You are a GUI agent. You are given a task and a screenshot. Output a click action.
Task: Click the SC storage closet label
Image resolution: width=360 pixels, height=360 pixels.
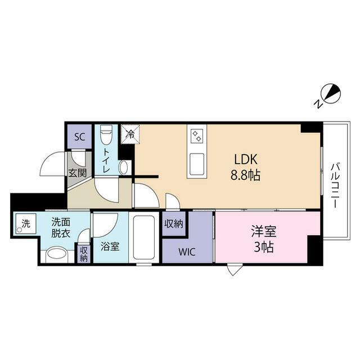pyautogui.click(x=80, y=137)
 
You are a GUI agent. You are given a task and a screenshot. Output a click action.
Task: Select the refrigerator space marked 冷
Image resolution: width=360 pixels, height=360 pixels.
pyautogui.click(x=130, y=134)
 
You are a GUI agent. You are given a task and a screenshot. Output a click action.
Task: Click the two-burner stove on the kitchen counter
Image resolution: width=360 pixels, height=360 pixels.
pyautogui.click(x=197, y=136)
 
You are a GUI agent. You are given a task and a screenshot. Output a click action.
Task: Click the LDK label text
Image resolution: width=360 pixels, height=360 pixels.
pyautogui.click(x=245, y=159)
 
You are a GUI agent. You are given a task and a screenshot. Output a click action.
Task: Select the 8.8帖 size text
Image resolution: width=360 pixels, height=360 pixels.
pyautogui.click(x=245, y=175)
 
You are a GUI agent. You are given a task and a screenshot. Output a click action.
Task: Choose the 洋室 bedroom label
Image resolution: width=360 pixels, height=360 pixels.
pyautogui.click(x=264, y=231)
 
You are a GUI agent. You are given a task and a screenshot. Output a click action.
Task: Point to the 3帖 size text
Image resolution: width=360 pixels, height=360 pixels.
pyautogui.click(x=264, y=247)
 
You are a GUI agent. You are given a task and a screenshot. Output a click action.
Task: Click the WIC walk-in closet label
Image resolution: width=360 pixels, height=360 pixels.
pyautogui.click(x=187, y=252)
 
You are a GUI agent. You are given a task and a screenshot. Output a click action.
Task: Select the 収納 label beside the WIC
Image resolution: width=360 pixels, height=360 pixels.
pyautogui.click(x=174, y=224)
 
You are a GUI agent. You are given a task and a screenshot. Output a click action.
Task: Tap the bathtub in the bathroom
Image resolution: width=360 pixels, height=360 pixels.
pyautogui.click(x=144, y=237)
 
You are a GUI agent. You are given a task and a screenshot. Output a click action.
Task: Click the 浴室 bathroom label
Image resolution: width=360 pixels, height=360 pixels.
pyautogui.click(x=110, y=246)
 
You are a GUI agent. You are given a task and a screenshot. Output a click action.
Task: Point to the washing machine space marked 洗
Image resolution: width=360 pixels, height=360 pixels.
pyautogui.click(x=26, y=224)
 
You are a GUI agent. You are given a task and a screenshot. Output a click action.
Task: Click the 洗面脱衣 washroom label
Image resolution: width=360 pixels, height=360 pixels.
pyautogui.click(x=61, y=228)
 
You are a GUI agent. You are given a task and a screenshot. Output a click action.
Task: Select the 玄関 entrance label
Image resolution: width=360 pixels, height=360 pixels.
pyautogui.click(x=78, y=173)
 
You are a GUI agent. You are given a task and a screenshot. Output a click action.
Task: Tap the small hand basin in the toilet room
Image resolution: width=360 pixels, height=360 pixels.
pyautogui.click(x=124, y=168)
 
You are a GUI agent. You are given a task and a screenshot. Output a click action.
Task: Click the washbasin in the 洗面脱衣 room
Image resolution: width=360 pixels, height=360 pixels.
pyautogui.click(x=56, y=255)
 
